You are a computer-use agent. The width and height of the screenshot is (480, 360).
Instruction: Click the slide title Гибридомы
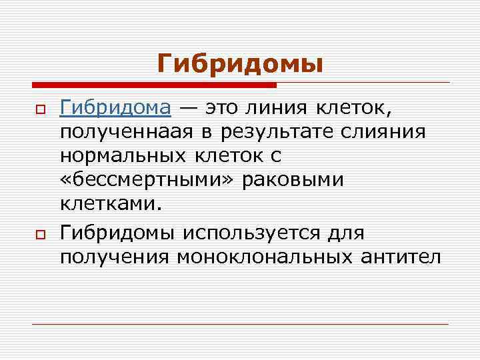point(240,64)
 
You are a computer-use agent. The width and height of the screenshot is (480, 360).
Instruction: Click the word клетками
point(111,204)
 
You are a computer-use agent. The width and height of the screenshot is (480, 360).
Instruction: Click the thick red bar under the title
point(154,85)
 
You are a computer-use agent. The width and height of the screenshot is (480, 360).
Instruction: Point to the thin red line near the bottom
point(240,324)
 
